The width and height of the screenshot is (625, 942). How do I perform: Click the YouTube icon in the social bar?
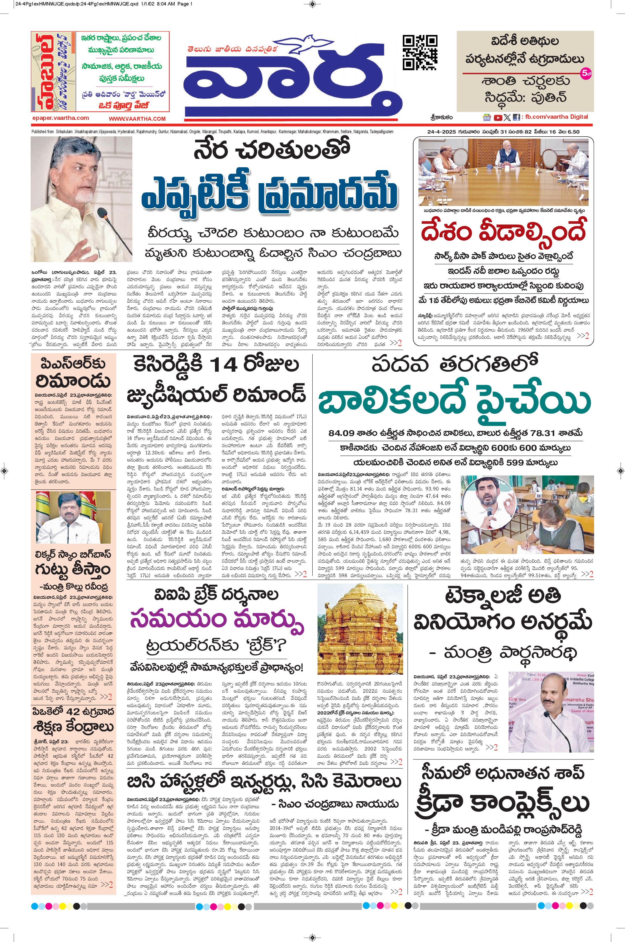point(498,118)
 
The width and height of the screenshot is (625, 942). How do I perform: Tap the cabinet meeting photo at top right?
point(503,171)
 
